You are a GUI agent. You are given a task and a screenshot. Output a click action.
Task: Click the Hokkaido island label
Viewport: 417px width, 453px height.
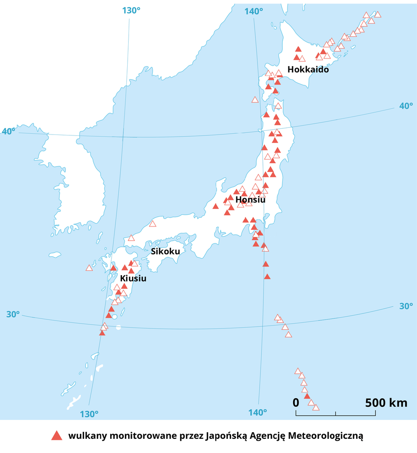coord(308,69)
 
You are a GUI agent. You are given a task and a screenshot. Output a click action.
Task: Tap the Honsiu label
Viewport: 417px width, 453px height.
coord(250,200)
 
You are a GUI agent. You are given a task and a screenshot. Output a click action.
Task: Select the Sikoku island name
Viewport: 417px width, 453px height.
coord(165,252)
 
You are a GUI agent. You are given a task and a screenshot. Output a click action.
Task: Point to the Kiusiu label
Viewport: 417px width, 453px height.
coord(133,278)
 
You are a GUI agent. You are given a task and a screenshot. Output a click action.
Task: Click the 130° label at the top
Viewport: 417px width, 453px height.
coord(131,10)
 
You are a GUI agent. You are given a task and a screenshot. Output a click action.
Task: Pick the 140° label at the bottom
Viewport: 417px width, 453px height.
coord(258,413)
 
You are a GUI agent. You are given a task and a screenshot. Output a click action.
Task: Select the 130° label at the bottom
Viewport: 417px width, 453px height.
coord(89,414)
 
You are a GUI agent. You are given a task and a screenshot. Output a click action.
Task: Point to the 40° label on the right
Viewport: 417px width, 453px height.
coord(406,106)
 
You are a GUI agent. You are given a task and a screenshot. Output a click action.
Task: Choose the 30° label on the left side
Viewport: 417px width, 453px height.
coord(13,314)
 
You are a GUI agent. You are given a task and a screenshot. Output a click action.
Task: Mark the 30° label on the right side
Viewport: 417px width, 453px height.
coord(406,306)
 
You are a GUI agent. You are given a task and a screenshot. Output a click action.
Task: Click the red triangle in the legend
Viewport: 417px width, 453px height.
coord(57,436)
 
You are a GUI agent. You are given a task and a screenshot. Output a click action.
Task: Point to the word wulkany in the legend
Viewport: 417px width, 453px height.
coord(87,436)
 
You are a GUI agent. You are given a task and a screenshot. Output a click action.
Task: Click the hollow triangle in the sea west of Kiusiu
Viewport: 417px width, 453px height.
coord(89,268)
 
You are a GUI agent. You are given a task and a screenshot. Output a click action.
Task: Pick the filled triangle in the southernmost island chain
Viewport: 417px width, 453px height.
coord(307,396)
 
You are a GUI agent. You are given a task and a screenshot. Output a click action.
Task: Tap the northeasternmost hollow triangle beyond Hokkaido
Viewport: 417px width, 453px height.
coord(377,14)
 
